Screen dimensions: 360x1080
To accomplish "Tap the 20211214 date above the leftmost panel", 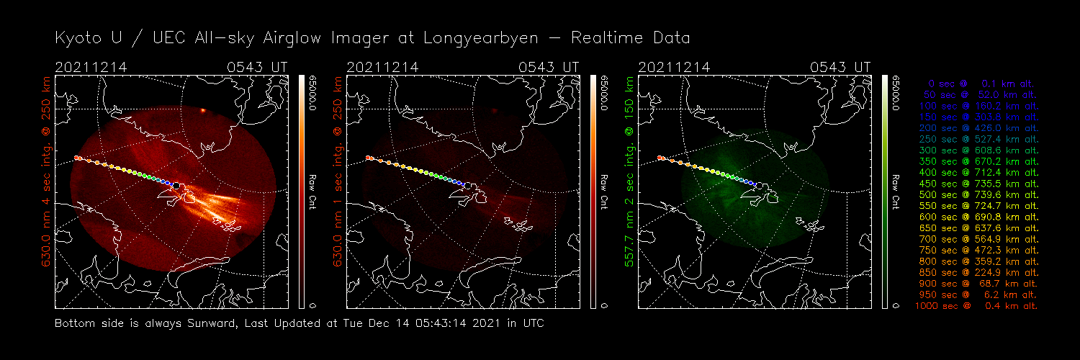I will click(x=91, y=67).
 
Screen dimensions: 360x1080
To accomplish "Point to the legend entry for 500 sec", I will click(x=977, y=195).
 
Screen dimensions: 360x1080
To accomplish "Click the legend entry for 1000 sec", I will click(x=977, y=306).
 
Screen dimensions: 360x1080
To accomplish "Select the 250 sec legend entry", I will click(x=977, y=140).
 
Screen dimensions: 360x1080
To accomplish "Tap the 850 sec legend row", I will click(x=977, y=273).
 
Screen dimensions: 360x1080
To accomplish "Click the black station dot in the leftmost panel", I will click(x=176, y=185).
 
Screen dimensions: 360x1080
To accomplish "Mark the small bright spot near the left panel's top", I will click(x=204, y=110).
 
